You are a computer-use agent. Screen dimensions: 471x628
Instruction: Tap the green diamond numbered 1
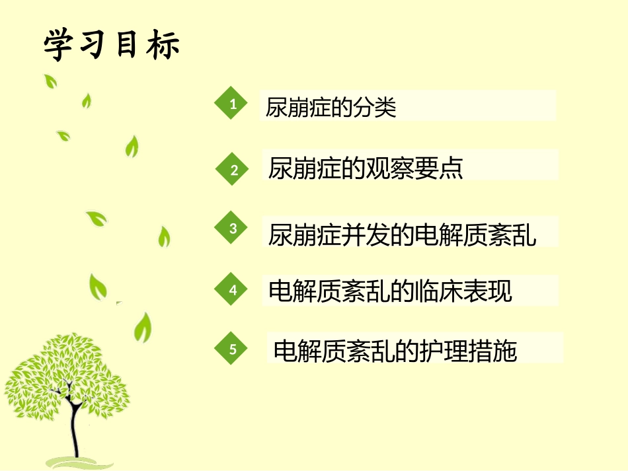[x=231, y=104]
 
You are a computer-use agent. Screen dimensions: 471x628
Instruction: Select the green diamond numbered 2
[x=233, y=170]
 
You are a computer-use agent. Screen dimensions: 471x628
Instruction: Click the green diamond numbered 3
[x=233, y=229]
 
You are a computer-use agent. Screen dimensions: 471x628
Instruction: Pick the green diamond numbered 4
[x=233, y=290]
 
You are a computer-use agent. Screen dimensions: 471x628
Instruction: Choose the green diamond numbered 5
[x=233, y=349]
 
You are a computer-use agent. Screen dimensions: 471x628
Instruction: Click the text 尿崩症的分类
[x=331, y=107]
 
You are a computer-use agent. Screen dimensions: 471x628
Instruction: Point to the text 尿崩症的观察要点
[x=366, y=168]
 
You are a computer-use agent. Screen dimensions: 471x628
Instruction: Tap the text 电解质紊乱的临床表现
[x=391, y=291]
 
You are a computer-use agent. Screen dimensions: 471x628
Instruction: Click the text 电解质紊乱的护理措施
[x=395, y=350]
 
